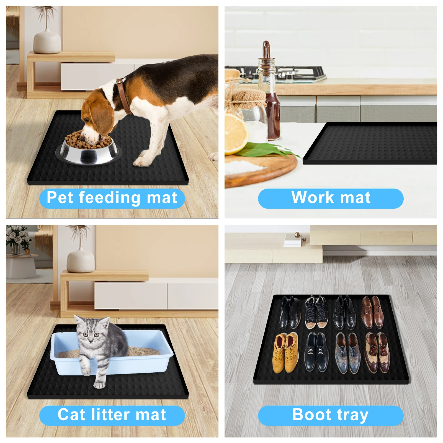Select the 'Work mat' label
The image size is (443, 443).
click(x=331, y=198)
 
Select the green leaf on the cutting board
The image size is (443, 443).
click(x=266, y=150)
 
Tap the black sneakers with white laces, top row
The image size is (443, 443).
click(x=315, y=312)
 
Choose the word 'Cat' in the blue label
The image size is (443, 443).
click(x=71, y=415)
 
